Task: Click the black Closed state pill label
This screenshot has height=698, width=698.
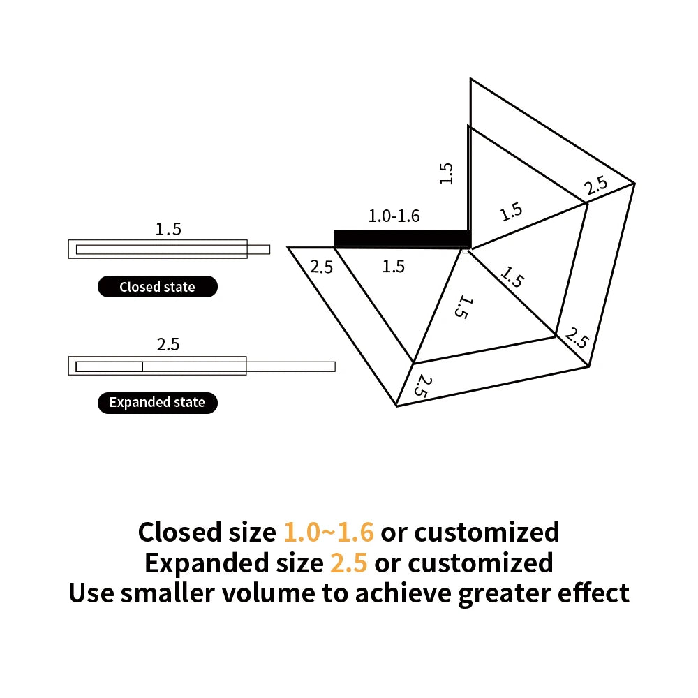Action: (157, 287)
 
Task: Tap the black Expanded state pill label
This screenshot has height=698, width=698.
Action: (157, 402)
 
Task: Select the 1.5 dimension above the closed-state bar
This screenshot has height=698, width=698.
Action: (168, 229)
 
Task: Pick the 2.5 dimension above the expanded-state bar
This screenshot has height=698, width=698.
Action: (168, 344)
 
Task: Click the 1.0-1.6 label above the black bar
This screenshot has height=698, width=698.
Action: (394, 216)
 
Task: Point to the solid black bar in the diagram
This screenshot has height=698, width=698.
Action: (401, 238)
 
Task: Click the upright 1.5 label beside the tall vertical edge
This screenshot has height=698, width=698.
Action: (447, 173)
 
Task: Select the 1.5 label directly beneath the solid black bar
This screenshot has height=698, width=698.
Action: (394, 266)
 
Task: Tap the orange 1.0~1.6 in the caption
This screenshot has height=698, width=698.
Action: (329, 532)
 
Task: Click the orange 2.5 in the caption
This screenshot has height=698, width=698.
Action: (348, 563)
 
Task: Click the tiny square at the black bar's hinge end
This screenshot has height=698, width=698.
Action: (466, 248)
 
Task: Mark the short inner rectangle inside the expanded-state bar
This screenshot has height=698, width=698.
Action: (110, 366)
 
